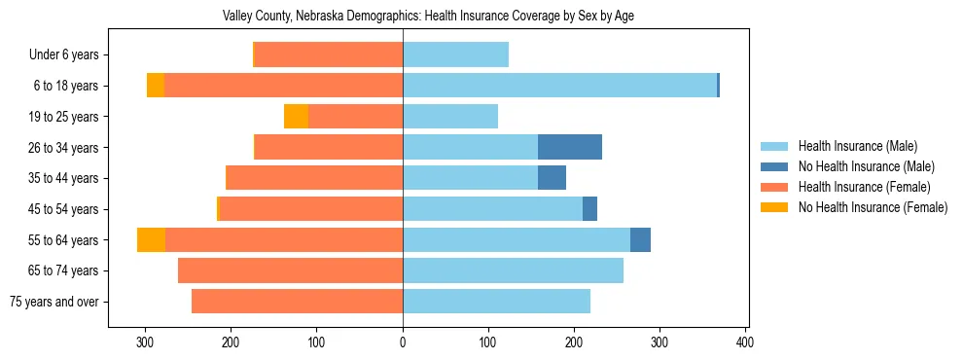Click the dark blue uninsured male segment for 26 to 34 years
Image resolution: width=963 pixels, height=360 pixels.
570,147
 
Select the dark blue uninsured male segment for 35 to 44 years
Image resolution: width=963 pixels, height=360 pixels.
552,178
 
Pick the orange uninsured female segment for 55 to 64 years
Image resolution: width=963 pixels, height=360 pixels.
151,240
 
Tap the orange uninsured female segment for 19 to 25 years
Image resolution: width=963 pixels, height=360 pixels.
296,117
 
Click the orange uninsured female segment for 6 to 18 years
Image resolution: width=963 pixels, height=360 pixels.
156,86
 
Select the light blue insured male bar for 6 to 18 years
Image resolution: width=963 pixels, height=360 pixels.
559,86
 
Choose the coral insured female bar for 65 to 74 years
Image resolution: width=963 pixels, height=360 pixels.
290,270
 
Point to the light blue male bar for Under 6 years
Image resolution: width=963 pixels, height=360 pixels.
455,55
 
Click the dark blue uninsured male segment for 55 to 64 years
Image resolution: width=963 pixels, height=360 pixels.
640,240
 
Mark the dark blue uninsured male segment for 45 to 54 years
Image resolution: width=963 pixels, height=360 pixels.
589,209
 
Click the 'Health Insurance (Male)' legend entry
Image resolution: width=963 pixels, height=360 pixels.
857,146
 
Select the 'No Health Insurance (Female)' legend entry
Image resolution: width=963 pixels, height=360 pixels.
872,207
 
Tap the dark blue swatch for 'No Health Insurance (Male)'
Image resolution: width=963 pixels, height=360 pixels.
774,166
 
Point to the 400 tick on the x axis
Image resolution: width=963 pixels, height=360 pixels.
745,342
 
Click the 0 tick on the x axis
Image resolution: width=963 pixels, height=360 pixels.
403,342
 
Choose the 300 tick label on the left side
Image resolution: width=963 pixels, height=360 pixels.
146,342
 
